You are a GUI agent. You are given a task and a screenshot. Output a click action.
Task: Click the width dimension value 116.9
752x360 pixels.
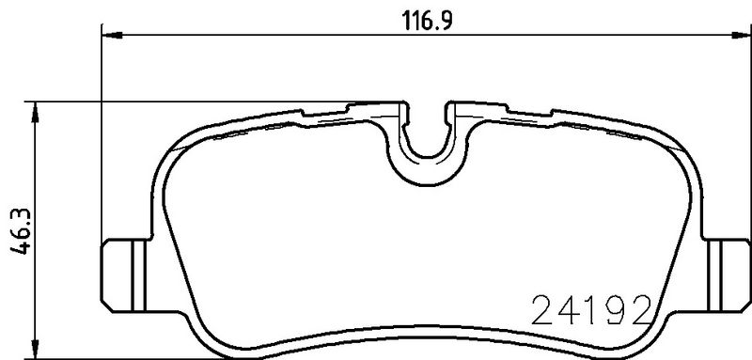[x=428, y=21]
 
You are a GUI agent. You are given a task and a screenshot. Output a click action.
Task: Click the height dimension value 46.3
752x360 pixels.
[x=21, y=231]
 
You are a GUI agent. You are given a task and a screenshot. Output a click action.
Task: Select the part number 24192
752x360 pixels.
[x=592, y=310]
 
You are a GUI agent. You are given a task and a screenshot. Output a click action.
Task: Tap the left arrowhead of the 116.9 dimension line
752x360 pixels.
[x=112, y=35]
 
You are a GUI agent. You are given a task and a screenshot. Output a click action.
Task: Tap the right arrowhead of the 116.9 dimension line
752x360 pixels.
[x=742, y=35]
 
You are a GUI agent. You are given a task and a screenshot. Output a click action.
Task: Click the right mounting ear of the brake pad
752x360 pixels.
[x=727, y=275]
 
